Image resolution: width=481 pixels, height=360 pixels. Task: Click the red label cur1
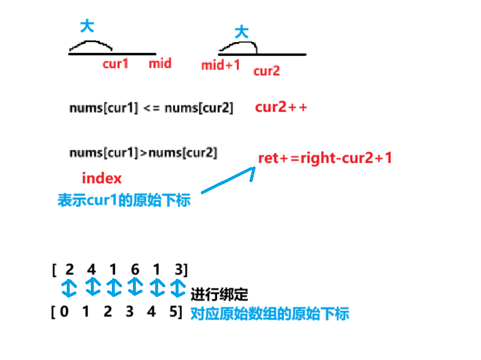tap(115, 63)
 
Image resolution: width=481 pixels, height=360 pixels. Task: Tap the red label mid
tap(160, 63)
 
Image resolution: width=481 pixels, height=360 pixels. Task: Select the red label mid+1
tap(221, 65)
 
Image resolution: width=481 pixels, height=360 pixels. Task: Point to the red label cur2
tap(266, 71)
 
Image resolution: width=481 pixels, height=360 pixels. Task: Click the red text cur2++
tap(281, 108)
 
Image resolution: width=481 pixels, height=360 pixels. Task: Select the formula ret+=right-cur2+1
tap(325, 157)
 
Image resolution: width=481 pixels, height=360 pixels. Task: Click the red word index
tap(102, 178)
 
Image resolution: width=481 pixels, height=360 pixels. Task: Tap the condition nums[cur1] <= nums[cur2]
tap(151, 108)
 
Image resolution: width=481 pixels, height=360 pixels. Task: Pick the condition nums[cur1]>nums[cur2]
tap(143, 153)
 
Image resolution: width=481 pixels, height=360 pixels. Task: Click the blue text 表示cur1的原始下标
tap(124, 200)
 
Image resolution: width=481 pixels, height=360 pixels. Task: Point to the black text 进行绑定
tap(219, 295)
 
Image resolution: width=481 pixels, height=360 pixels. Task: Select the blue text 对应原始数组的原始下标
tap(269, 313)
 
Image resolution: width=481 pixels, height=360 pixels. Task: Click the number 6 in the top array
tap(135, 269)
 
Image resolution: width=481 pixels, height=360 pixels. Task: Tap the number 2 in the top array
tap(70, 269)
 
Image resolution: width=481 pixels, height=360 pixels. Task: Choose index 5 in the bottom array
tap(174, 313)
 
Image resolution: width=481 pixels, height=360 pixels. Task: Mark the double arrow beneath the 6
tap(135, 287)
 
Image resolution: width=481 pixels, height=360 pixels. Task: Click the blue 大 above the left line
tap(87, 26)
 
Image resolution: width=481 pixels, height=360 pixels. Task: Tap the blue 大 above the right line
tap(241, 32)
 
